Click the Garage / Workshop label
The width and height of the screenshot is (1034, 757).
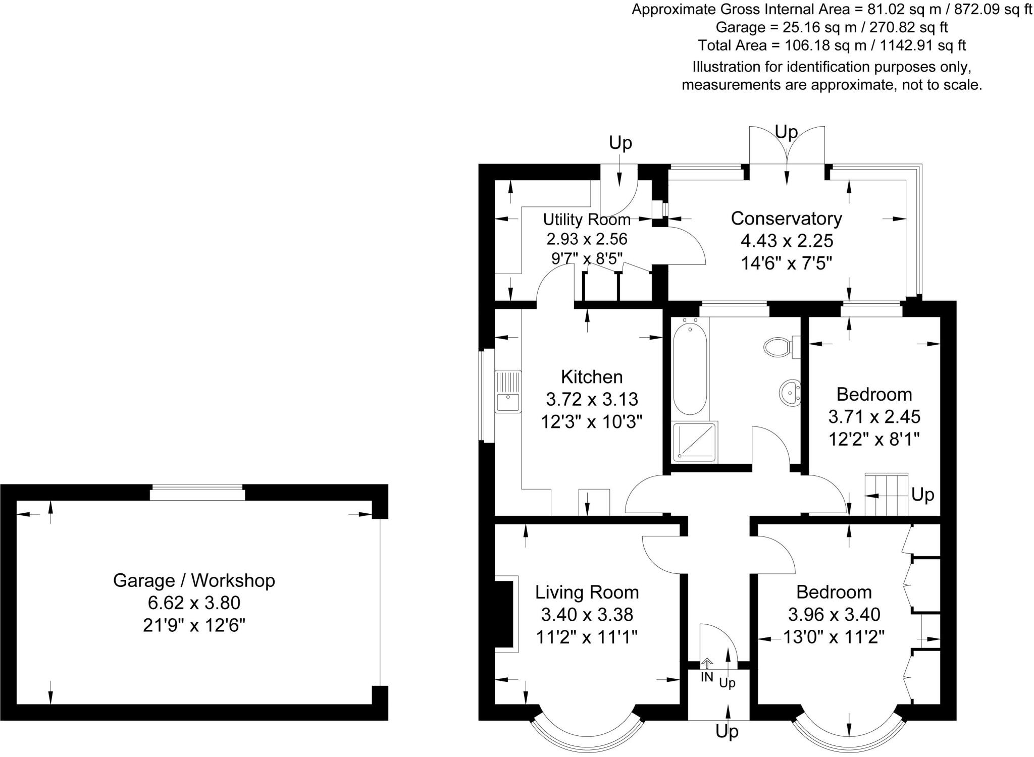[194, 580]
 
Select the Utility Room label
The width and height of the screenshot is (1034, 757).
[587, 220]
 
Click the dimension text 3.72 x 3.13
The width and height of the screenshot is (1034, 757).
[592, 399]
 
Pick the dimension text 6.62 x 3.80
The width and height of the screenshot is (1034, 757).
[194, 603]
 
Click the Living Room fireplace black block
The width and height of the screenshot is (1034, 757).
[503, 614]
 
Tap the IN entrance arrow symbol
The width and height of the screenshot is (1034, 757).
[707, 663]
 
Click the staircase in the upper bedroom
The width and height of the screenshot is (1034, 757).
[887, 494]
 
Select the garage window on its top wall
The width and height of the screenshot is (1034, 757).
[197, 492]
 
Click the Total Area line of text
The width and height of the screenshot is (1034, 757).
[832, 45]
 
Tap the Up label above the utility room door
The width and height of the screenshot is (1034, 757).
[620, 143]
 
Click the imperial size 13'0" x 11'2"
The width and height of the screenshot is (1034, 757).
[834, 636]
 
